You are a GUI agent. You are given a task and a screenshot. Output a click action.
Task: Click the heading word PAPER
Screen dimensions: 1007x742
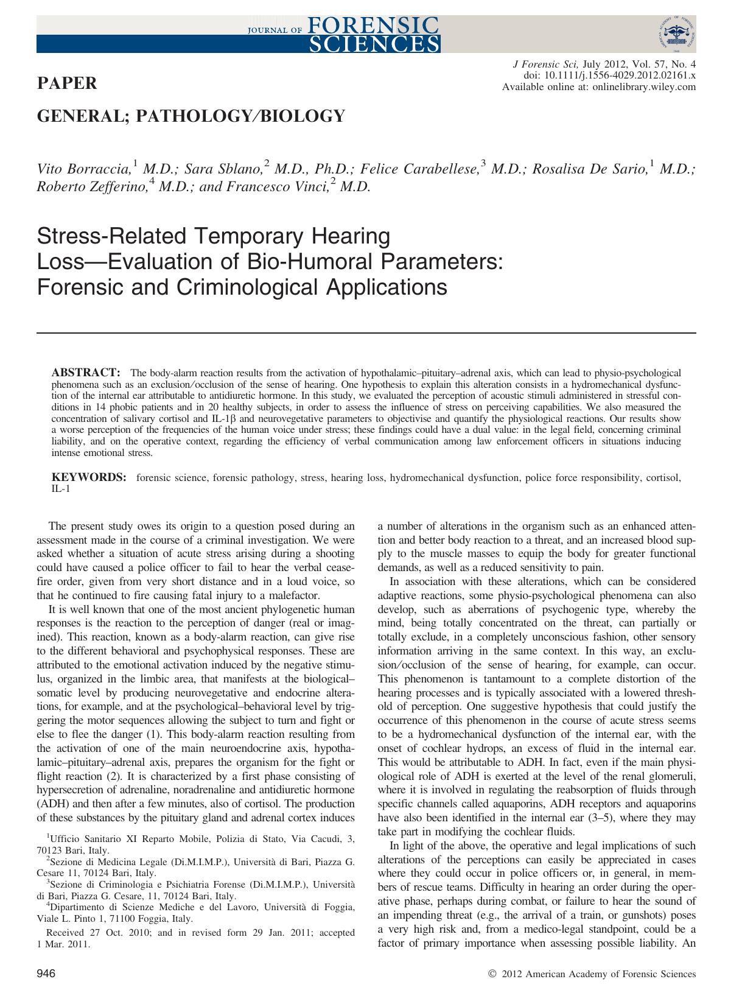point(68,84)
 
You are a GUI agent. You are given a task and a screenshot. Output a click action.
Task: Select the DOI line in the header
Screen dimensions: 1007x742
point(610,75)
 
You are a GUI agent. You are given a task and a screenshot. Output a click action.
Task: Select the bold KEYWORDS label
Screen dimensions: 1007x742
point(89,477)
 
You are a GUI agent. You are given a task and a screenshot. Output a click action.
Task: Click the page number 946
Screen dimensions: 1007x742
point(47,974)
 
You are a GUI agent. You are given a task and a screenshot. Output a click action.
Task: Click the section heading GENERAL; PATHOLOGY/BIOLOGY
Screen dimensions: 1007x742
point(191,116)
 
